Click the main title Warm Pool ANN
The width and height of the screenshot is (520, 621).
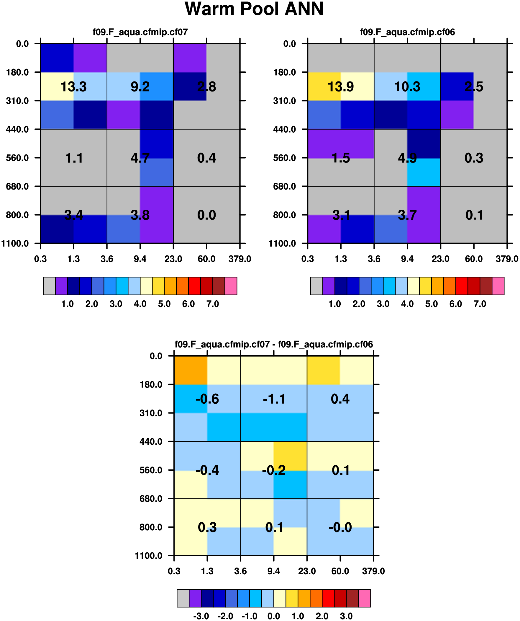tap(254, 9)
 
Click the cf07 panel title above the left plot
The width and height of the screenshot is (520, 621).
tap(140, 32)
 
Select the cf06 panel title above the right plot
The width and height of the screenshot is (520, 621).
tap(407, 32)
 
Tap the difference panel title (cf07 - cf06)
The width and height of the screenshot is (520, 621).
tap(274, 344)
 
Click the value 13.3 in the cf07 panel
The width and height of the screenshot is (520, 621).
tap(73, 87)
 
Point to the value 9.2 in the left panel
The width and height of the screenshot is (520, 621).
tap(140, 87)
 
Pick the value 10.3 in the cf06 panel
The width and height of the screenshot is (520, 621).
tap(407, 87)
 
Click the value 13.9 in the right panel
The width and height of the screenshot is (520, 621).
tap(341, 87)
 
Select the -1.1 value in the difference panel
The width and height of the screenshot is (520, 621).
tap(274, 399)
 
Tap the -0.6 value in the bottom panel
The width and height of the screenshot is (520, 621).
tap(207, 399)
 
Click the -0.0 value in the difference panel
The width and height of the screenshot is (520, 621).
tap(340, 527)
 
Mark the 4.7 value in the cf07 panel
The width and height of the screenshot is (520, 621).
tap(140, 158)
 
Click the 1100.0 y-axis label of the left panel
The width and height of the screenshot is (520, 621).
tap(15, 243)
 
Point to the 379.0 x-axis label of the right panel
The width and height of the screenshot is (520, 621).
tap(507, 259)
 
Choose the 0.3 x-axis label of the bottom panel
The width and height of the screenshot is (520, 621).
tap(174, 571)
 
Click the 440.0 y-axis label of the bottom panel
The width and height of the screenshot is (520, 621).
tap(151, 441)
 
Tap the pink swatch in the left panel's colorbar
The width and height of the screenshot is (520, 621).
tap(231, 286)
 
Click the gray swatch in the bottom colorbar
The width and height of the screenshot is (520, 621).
tap(183, 598)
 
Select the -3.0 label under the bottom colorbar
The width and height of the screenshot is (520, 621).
tap(201, 616)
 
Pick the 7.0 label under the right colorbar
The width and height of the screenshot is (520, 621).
tap(480, 304)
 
